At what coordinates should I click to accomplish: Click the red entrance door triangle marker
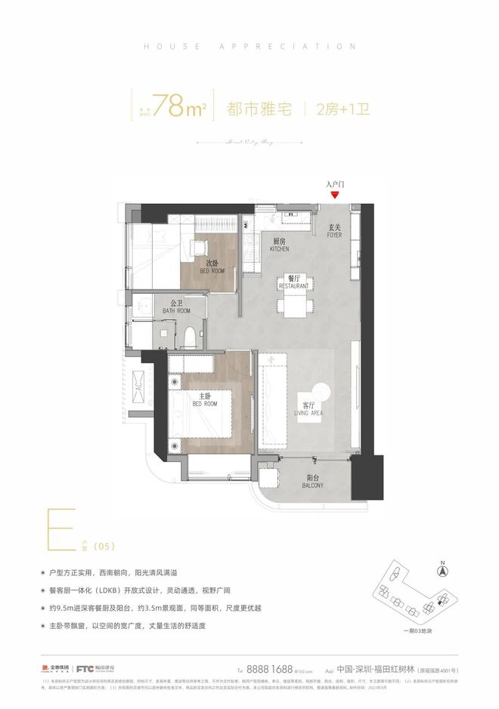click(x=335, y=195)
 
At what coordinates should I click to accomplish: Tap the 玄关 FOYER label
click(x=336, y=230)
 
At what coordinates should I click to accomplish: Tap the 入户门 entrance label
click(x=335, y=183)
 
